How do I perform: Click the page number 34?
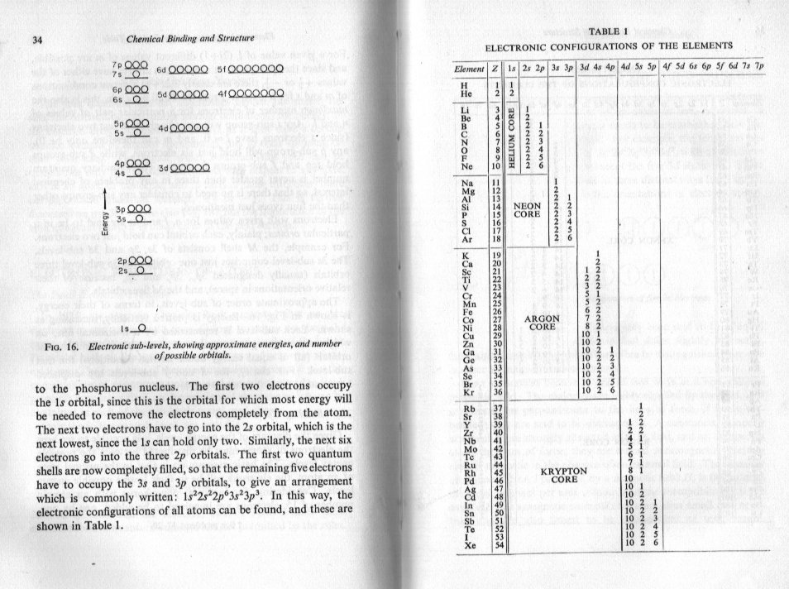click(x=37, y=41)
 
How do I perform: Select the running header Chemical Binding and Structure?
click(x=189, y=38)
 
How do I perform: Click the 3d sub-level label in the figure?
click(x=162, y=168)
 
